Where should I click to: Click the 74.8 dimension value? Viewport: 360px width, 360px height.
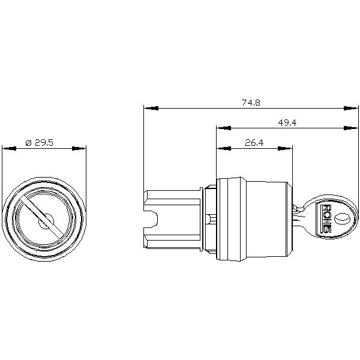251,103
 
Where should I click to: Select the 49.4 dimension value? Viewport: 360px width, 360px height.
287,123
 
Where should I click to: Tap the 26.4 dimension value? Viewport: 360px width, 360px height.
254,143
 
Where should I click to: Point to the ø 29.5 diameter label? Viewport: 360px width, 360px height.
39,143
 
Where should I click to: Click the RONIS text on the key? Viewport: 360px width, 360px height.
326,219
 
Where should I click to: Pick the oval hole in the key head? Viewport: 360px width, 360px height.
341,218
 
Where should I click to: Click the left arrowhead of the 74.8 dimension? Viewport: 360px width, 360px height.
151,108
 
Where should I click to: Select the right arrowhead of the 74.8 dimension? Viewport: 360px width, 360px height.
351,108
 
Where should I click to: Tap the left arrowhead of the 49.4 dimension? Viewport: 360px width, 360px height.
224,128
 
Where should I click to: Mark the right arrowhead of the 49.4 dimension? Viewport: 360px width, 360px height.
351,128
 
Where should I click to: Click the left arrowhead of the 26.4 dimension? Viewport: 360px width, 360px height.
224,149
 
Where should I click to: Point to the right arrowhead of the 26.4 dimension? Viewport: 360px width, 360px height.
285,149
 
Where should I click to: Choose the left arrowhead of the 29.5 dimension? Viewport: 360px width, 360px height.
10,149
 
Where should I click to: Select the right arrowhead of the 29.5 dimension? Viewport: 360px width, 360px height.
79,149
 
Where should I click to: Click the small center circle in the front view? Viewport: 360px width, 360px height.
46,221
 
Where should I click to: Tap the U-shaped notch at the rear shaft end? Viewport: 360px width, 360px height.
151,219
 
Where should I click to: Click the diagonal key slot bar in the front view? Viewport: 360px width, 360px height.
41,216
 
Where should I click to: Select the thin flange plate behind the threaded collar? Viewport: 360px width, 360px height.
202,219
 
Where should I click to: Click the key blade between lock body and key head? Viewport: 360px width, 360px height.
299,215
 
